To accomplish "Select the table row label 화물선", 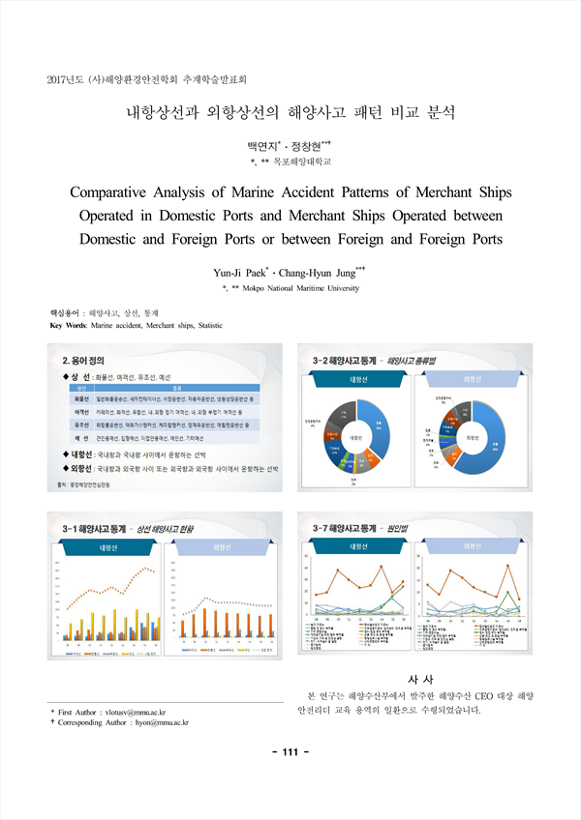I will tap(81, 398).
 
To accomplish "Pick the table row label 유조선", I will tap(81, 425).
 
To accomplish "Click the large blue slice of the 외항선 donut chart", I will tap(488, 443).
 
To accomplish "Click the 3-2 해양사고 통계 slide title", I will tap(348, 359).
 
